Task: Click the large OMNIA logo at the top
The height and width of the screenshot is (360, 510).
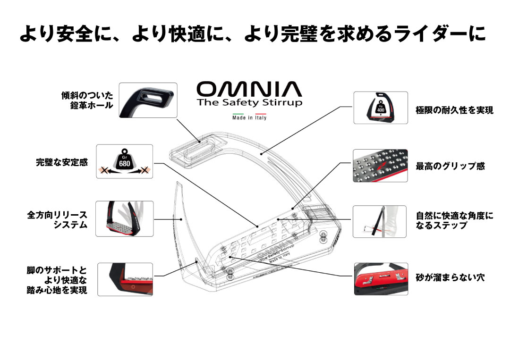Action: (x=248, y=89)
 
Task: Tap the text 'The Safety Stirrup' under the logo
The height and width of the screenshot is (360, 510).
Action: (x=249, y=102)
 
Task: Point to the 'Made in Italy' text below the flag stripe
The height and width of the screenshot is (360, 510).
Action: (x=249, y=118)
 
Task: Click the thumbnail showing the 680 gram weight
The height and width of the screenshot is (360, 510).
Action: (x=125, y=161)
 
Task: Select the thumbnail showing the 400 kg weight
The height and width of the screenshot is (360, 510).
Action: (x=381, y=108)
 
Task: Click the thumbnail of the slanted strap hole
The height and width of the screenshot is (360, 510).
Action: (x=148, y=100)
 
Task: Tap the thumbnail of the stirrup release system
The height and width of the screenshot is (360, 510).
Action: (x=125, y=218)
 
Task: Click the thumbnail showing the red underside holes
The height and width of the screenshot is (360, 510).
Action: (x=381, y=279)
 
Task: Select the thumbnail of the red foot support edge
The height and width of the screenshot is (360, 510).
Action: (x=125, y=279)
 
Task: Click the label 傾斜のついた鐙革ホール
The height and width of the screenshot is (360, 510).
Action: (x=87, y=100)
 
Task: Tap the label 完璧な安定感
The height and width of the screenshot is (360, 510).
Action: (x=62, y=162)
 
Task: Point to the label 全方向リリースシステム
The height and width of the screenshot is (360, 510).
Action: (x=57, y=220)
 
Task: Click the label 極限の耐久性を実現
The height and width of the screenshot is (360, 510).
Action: (x=454, y=110)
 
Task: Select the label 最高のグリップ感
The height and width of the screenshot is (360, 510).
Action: (x=450, y=166)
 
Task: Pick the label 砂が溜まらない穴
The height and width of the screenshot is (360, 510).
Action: (x=450, y=277)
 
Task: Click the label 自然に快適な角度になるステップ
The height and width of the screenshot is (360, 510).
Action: (x=454, y=220)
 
